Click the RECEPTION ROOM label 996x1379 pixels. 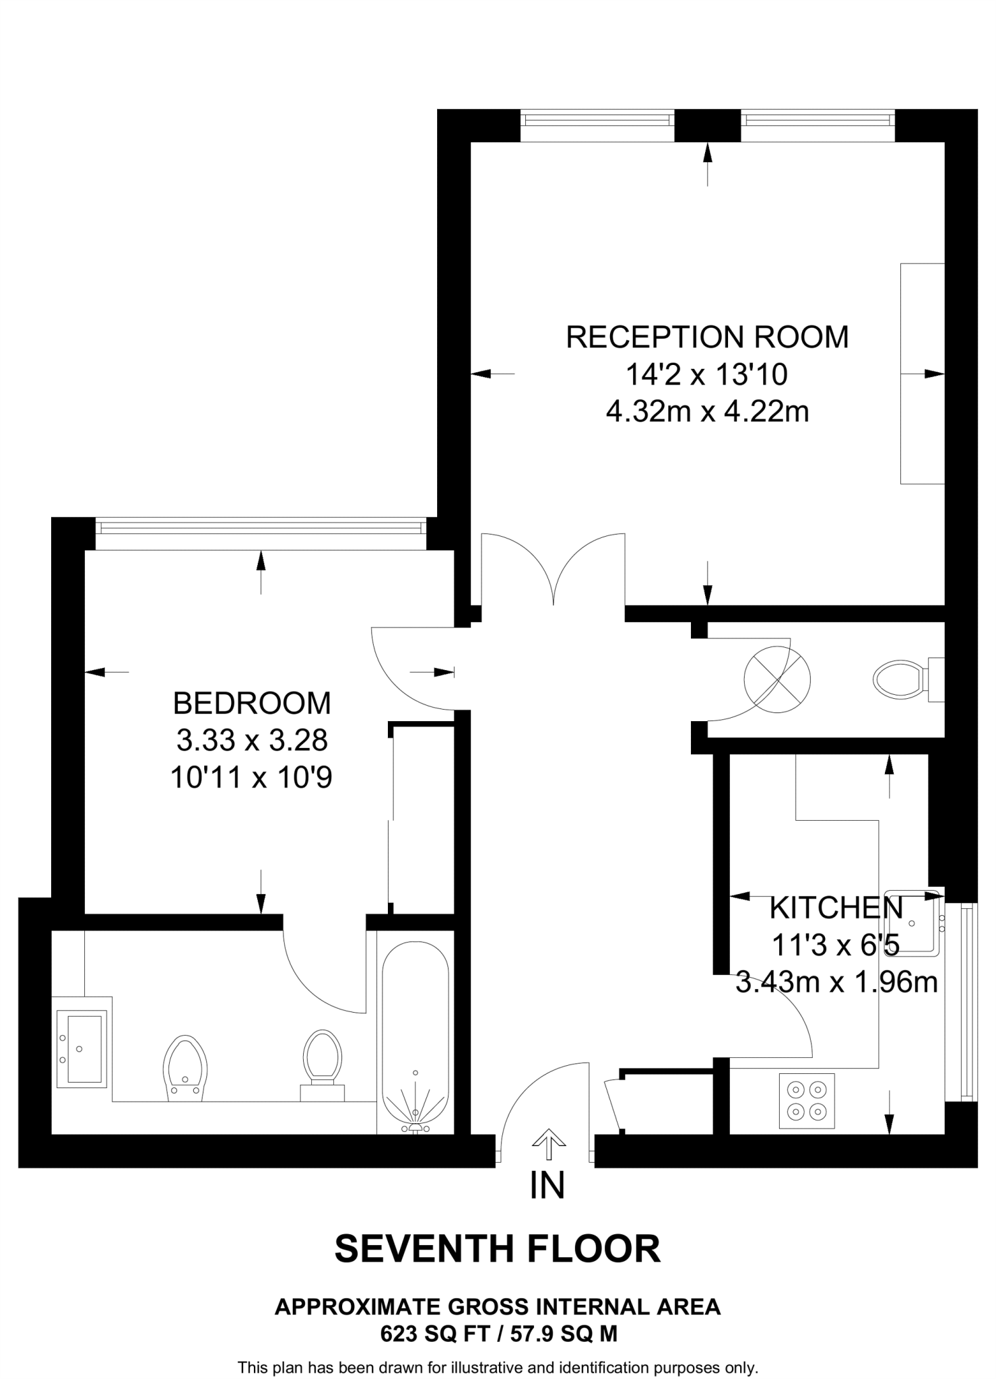[707, 337]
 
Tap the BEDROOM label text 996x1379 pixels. [252, 703]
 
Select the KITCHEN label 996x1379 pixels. [836, 908]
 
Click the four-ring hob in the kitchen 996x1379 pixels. [807, 1100]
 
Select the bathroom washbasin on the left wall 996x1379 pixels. [81, 1048]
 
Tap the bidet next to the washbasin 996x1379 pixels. [185, 1069]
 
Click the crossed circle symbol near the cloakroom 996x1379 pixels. [776, 679]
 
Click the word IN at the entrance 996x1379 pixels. [547, 1186]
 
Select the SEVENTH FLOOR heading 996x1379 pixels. [497, 1249]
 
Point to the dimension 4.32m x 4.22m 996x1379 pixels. [707, 411]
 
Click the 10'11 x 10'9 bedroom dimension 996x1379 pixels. [252, 778]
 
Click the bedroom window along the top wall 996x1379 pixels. [261, 526]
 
